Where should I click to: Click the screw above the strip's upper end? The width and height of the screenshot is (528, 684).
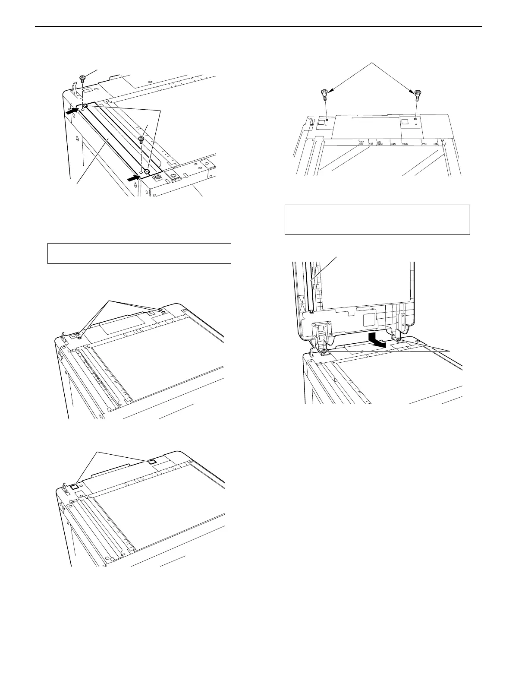coord(82,78)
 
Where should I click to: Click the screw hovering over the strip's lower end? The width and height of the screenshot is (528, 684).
coord(141,139)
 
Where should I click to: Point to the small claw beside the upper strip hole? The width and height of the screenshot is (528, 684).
coord(86,106)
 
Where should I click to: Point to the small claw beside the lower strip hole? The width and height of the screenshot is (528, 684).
coord(147,172)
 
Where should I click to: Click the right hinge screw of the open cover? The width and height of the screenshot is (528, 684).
coord(399,340)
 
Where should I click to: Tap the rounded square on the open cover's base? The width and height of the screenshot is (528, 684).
coord(369,320)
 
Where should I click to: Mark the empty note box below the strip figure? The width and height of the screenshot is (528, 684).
coord(139,253)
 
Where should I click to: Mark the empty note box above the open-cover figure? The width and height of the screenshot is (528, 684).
coord(377,220)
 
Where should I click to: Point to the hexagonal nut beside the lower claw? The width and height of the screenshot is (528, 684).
coord(158,177)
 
